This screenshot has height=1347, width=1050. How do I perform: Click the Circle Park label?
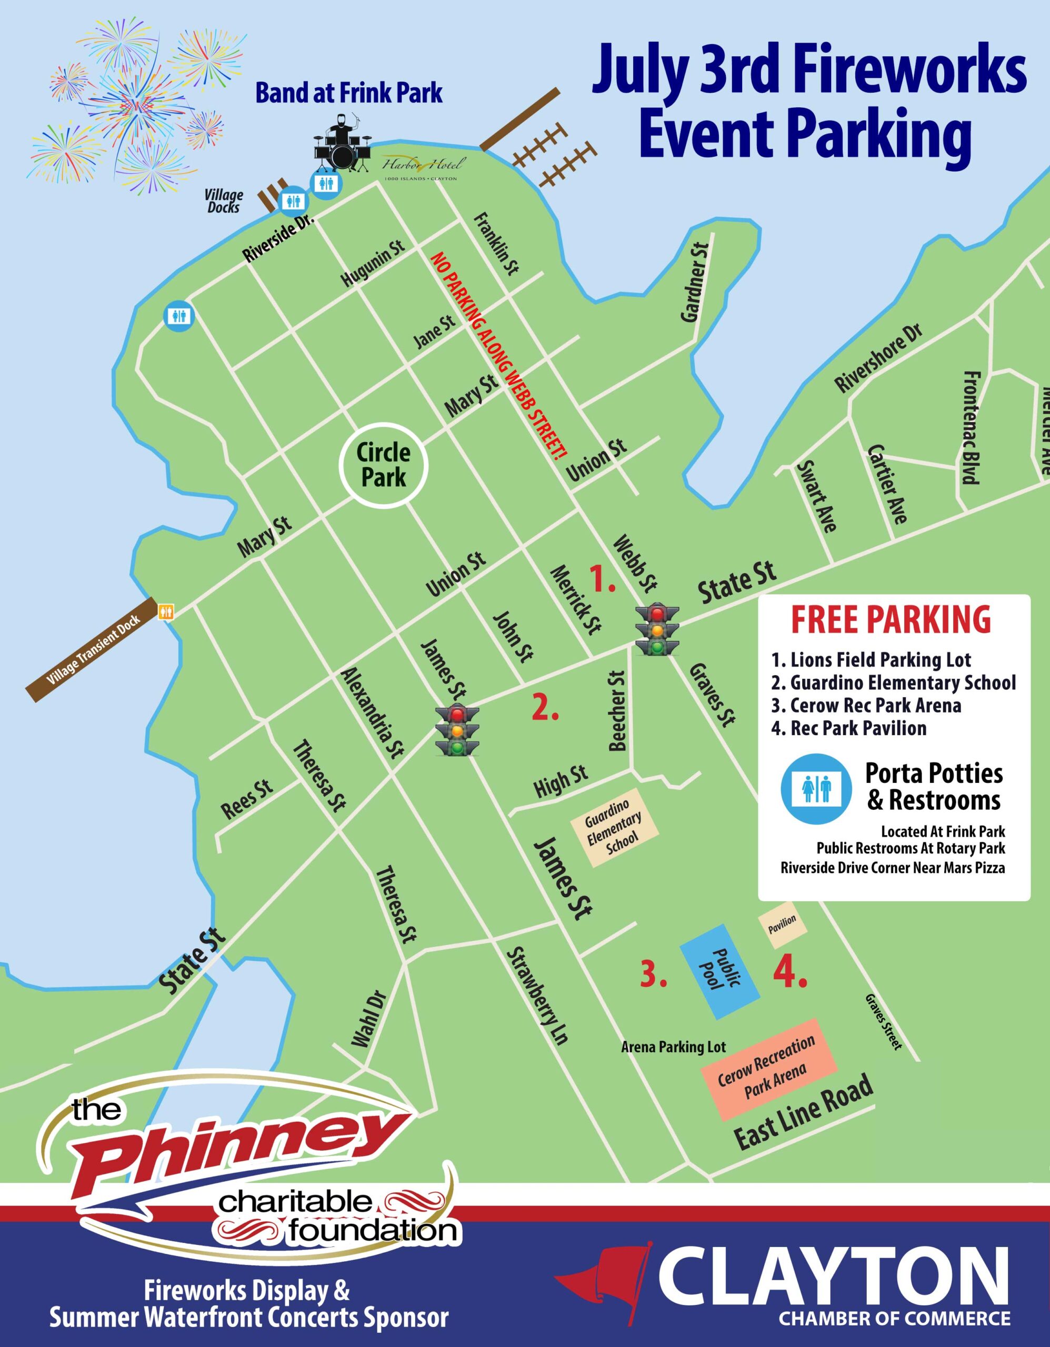383,465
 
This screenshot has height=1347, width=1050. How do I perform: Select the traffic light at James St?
457,730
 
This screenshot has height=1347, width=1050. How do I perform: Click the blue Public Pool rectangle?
719,971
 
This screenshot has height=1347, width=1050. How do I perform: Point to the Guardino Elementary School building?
613,827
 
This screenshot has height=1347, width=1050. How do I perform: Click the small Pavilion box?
782,923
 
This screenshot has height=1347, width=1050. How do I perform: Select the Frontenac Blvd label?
971,427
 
